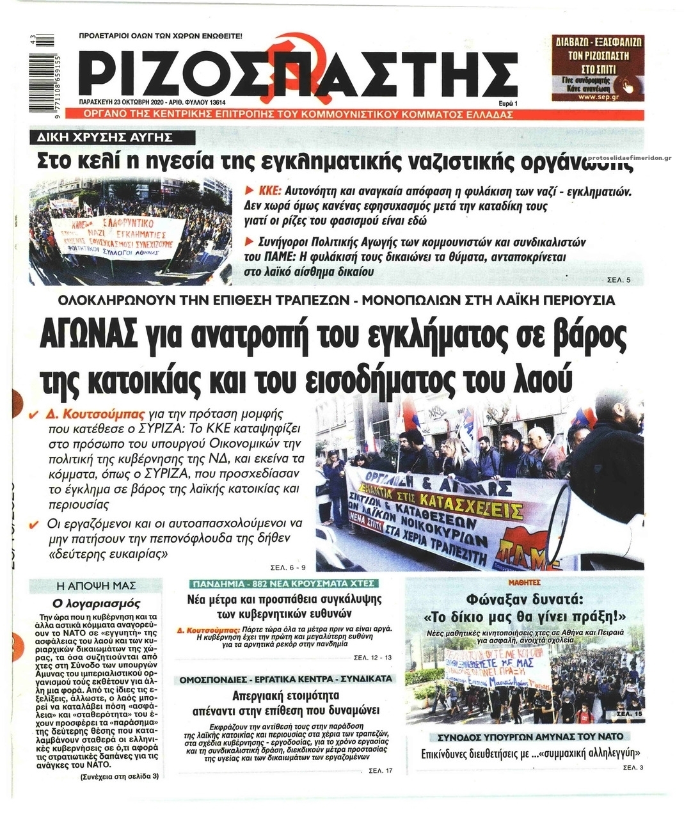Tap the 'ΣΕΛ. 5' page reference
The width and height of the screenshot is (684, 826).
tap(619, 281)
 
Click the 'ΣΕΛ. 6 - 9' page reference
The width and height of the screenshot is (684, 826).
tap(289, 566)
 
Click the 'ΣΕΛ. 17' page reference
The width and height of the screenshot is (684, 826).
tap(381, 770)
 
